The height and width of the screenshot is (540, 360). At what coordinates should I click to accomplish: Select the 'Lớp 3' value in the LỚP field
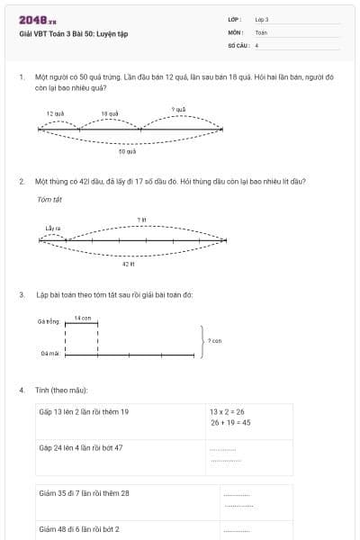click(x=262, y=19)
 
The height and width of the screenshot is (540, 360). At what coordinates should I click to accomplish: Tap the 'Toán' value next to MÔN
click(x=261, y=31)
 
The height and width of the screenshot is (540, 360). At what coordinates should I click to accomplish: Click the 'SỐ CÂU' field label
click(x=237, y=44)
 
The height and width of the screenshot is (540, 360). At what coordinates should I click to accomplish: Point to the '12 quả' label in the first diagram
click(x=55, y=114)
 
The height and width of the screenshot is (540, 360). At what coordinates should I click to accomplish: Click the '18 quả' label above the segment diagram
click(x=110, y=114)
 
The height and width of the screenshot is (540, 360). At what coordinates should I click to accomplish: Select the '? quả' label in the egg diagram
click(x=178, y=109)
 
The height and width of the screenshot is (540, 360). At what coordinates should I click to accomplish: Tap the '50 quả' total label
click(x=127, y=152)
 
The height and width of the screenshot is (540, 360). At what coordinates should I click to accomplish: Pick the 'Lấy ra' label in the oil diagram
click(x=52, y=229)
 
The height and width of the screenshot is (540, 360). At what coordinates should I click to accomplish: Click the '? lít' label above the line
click(x=141, y=219)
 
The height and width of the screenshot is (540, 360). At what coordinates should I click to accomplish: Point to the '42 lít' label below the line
click(x=128, y=264)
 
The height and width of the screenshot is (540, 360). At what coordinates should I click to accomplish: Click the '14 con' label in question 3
click(x=82, y=318)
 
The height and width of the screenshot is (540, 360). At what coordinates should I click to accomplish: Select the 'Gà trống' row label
click(x=49, y=321)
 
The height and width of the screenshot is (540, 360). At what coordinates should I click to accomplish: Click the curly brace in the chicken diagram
click(x=202, y=341)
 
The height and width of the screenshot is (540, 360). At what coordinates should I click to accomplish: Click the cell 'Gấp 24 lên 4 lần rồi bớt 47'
click(x=81, y=446)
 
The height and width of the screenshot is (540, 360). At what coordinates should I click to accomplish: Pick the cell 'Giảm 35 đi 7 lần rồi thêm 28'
click(x=85, y=492)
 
